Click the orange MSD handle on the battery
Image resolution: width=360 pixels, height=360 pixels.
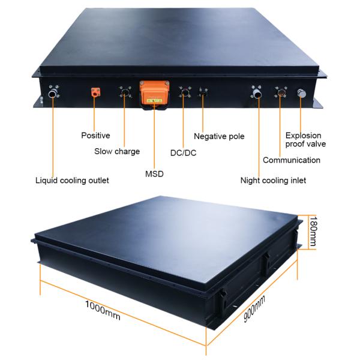[x=154, y=94]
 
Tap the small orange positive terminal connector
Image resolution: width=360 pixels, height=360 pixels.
[x=95, y=92]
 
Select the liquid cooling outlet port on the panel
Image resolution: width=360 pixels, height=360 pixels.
[x=53, y=92]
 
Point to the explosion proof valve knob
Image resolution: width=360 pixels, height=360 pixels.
[x=301, y=93]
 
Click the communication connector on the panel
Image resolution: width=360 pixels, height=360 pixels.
[x=281, y=92]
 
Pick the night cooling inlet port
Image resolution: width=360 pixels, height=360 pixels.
[x=257, y=92]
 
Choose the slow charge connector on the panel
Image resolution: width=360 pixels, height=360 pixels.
[x=125, y=92]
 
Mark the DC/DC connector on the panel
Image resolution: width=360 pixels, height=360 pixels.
[x=185, y=92]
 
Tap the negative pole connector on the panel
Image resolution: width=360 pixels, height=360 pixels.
[x=203, y=92]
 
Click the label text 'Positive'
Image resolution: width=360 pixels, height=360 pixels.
[x=95, y=135]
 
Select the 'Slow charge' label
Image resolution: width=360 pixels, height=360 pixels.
[x=117, y=151]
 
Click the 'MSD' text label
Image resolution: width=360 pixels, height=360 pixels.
[x=154, y=174]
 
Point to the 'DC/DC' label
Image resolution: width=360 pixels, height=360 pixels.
[x=183, y=153]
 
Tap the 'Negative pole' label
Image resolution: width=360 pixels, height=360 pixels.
[x=219, y=136]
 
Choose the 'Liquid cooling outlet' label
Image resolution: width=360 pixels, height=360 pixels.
[x=72, y=181]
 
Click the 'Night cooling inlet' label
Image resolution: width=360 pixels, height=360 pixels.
[x=273, y=181]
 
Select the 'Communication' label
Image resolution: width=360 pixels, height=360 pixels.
[x=292, y=160]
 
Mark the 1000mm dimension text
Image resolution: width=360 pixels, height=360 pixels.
[x=103, y=310]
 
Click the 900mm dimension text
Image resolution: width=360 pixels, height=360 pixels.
[x=254, y=309]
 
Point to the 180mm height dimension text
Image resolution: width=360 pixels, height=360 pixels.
[x=313, y=231]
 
